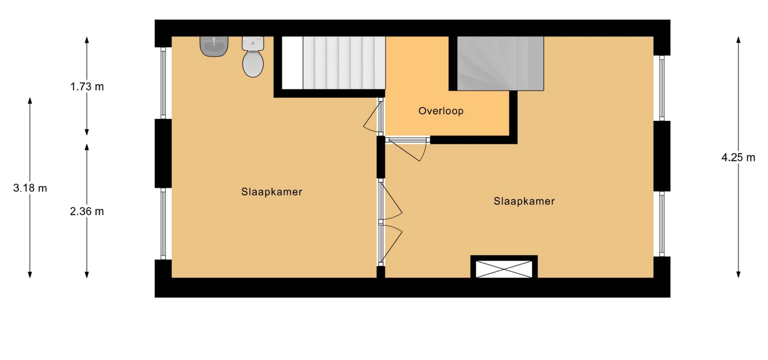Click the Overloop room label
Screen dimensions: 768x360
[441, 111]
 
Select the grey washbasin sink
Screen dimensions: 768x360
[214, 46]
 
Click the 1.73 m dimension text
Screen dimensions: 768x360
[87, 86]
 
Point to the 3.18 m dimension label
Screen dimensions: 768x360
[30, 188]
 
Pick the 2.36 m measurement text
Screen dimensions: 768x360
[87, 211]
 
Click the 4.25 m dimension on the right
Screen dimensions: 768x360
[738, 158]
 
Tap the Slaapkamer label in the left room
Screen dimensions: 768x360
[272, 192]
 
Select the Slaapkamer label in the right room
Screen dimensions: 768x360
[524, 201]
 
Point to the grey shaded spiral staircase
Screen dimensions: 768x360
[500, 64]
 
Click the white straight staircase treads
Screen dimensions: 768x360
[344, 63]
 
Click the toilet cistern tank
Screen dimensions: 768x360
[253, 44]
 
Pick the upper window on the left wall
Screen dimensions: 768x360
[163, 83]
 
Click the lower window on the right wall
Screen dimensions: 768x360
[662, 224]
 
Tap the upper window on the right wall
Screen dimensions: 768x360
[662, 88]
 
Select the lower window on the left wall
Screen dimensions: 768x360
[163, 224]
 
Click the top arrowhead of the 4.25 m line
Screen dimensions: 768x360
[738, 40]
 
